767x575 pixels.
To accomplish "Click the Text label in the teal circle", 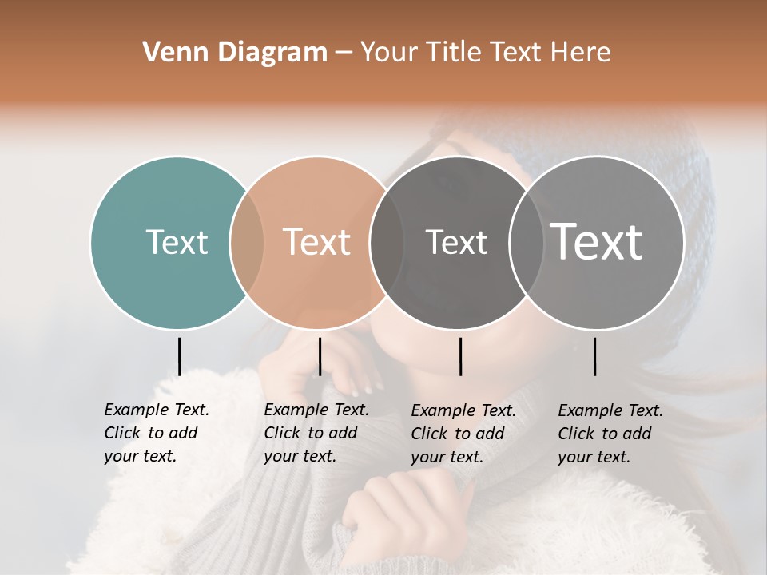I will click(177, 242).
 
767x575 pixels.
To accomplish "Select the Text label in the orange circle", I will click(316, 242).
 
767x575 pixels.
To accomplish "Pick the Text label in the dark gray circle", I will click(456, 242).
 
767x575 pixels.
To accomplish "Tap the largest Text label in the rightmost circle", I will click(597, 242).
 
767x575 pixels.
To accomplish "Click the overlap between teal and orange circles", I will click(247, 243).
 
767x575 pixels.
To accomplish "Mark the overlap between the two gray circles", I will click(527, 243).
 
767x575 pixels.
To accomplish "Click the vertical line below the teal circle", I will click(179, 356).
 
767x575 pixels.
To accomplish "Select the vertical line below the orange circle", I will click(320, 356).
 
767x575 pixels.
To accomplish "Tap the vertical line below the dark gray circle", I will click(460, 356).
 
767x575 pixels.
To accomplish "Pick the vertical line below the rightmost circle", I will click(594, 356).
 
